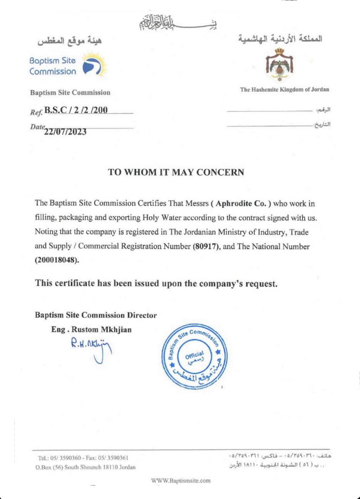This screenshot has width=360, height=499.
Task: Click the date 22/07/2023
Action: pos(65,132)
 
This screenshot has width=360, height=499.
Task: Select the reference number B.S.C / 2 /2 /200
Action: pos(76,110)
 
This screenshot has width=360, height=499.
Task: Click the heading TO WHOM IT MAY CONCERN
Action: pos(176,172)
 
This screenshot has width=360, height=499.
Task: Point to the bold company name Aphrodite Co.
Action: pos(241,204)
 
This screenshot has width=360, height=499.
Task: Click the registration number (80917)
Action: pos(206,246)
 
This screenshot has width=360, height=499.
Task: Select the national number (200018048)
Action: pos(57,260)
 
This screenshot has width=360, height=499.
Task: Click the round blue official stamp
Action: pos(195,356)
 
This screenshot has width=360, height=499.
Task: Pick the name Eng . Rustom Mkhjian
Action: pos(91,329)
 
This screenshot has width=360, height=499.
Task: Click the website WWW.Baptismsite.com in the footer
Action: pos(181,480)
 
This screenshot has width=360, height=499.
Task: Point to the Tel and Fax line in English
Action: pos(83,458)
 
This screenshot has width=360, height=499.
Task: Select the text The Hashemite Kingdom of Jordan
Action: pos(284,89)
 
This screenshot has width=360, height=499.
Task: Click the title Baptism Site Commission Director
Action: pos(96,315)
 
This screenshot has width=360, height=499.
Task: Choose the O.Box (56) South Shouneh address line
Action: pos(86,467)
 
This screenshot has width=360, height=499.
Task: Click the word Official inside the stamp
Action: pos(195,355)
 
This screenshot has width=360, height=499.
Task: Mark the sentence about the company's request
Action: pos(156,283)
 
